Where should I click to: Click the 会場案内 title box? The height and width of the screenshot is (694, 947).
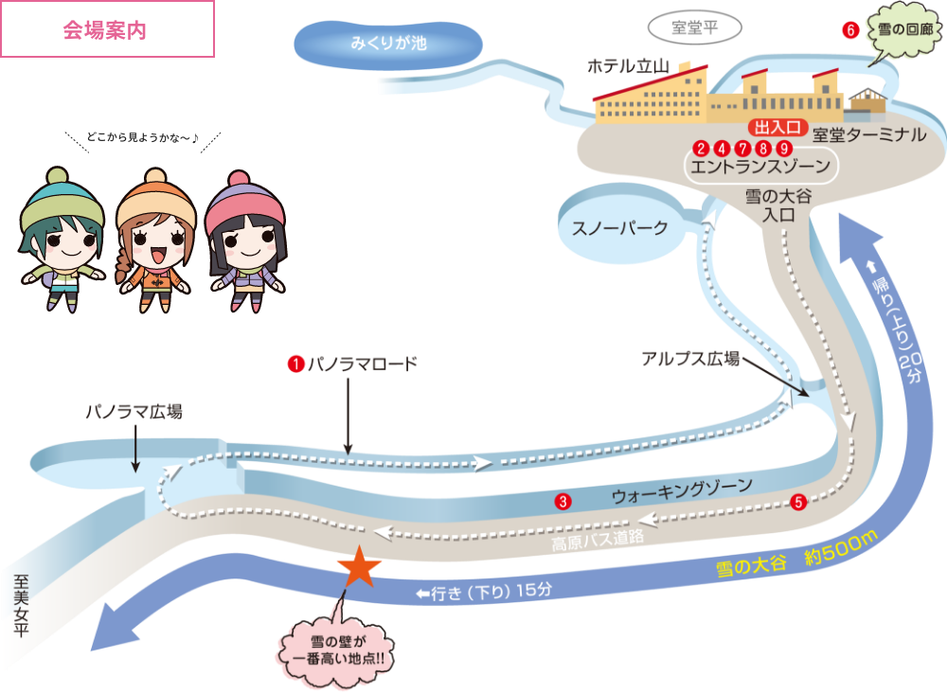pos(106,29)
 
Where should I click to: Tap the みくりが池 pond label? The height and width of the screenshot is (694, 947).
pos(388,43)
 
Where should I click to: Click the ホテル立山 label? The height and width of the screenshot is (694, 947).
pos(629,67)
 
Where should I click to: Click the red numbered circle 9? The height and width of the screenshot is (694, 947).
pos(784,148)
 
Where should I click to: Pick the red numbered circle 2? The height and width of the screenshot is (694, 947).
pos(701,148)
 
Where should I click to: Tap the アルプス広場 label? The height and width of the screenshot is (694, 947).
pos(690,359)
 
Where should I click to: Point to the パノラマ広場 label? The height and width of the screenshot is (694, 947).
pos(134,413)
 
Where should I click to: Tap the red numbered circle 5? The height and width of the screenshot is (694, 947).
pos(798,502)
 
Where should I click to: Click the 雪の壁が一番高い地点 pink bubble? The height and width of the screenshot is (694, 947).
pos(338,650)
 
